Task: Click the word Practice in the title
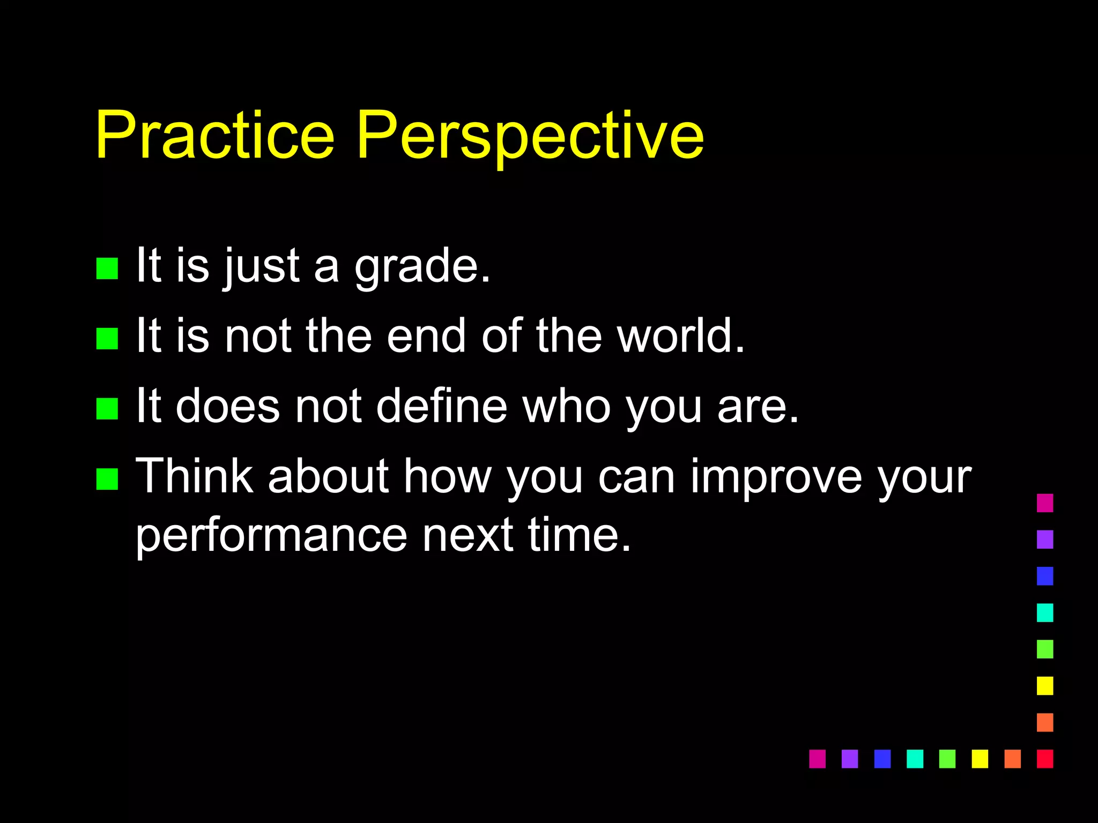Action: click(x=214, y=135)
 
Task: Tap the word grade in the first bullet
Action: click(x=422, y=266)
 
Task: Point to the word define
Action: click(x=441, y=406)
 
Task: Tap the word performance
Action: click(x=271, y=536)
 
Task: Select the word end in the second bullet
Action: click(x=426, y=336)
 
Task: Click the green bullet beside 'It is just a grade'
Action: click(x=107, y=268)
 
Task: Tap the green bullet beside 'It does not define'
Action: click(x=107, y=409)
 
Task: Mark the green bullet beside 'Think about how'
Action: click(x=107, y=479)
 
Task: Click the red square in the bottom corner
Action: click(x=1044, y=759)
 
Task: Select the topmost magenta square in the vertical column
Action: click(x=1044, y=503)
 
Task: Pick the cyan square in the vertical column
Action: click(x=1044, y=612)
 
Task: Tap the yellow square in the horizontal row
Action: click(x=980, y=759)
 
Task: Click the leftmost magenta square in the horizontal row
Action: click(x=817, y=759)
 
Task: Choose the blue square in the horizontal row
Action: click(x=882, y=759)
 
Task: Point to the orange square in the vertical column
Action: click(x=1044, y=722)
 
